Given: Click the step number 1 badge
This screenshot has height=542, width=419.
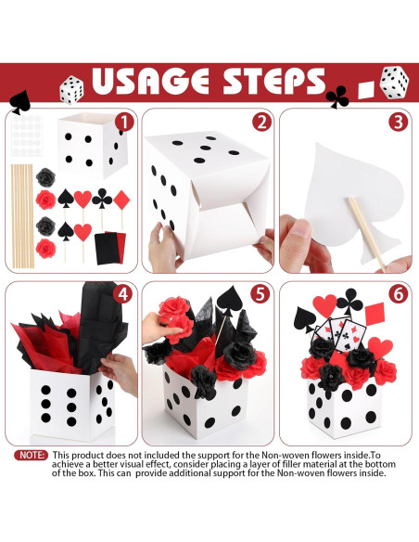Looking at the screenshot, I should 123,121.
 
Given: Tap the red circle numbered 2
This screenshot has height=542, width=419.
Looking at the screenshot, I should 262,122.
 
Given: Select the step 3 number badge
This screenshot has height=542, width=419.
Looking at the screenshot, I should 399,122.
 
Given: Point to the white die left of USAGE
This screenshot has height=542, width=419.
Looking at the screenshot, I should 71,89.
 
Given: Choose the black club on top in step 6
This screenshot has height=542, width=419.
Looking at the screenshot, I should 348,300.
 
